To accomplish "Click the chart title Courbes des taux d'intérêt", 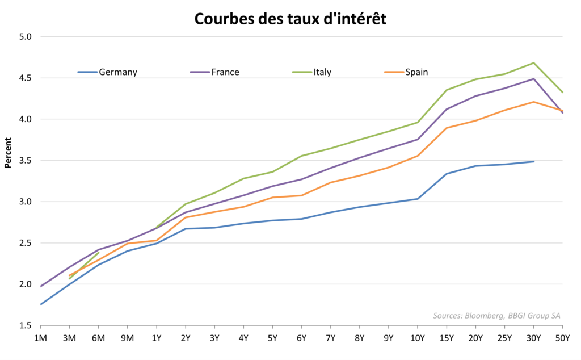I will [290, 19].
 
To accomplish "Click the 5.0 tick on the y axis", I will [26, 37].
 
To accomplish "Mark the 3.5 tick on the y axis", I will [26, 161].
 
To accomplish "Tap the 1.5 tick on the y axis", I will [26, 325].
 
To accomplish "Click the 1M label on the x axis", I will [41, 338].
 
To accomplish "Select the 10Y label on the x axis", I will [418, 338].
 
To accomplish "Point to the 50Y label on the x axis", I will [562, 338].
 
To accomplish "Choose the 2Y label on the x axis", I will [186, 338].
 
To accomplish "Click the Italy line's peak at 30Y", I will [533, 62].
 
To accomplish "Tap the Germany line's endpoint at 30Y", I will [533, 161].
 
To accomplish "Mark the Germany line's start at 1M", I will [41, 304].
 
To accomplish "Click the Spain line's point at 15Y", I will [447, 128].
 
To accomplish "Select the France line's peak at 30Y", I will [533, 79].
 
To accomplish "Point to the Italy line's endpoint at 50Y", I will [562, 93].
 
